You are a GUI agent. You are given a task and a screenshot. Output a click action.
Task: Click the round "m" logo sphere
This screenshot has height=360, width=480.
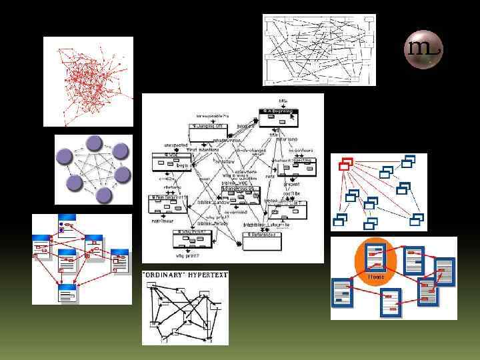(x=423, y=49)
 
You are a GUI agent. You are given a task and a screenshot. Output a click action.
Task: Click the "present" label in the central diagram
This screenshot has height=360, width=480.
(x=291, y=184)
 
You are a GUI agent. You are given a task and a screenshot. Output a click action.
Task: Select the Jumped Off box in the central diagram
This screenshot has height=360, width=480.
(x=208, y=127)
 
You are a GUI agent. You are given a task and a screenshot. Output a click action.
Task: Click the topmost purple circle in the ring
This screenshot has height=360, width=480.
(x=94, y=143)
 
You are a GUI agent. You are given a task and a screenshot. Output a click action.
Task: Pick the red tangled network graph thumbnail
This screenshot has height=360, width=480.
(x=88, y=81)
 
